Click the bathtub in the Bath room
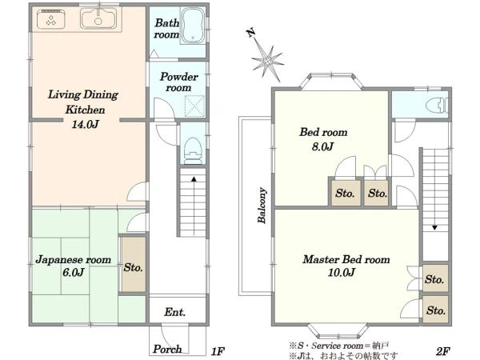tap(193, 26)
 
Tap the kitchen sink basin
tap(98, 18)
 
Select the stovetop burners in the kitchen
tap(51, 19)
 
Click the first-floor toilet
tap(193, 150)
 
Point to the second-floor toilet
tap(437, 105)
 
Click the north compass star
tap(267, 59)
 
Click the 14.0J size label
tap(85, 124)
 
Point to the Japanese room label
tap(73, 260)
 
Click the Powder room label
tap(178, 82)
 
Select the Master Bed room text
tap(346, 259)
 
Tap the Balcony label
tap(262, 205)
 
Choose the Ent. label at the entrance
tap(174, 312)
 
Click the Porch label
tap(167, 349)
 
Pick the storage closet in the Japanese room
tap(133, 265)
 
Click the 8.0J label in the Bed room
tap(322, 146)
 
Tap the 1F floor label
tap(218, 351)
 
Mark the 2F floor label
tap(442, 351)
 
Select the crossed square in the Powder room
tap(194, 106)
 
